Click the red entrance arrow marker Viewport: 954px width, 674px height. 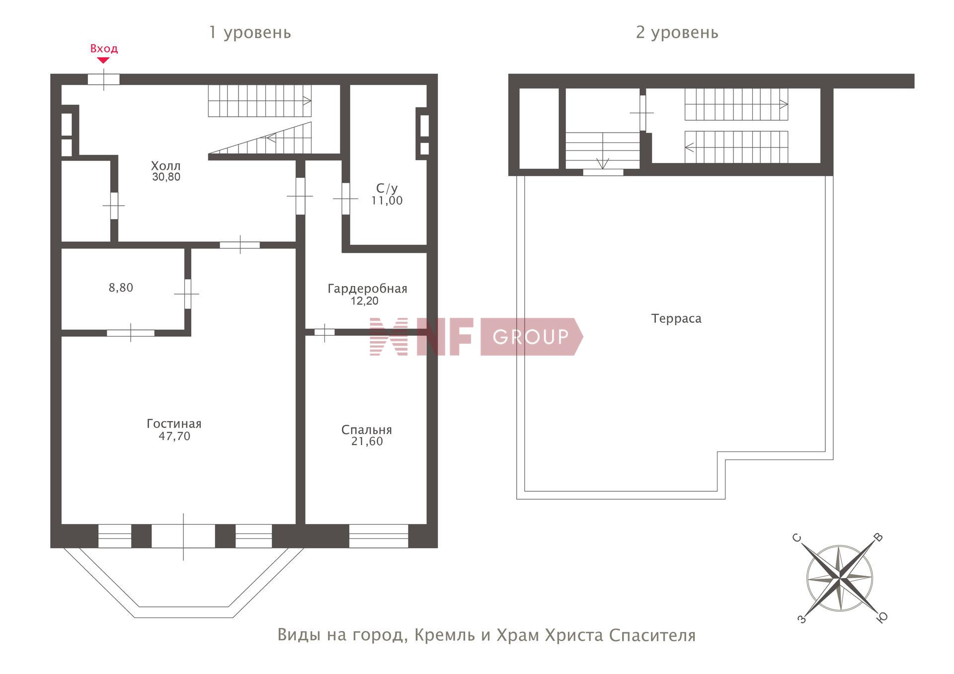click(x=103, y=61)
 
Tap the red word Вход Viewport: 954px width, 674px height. click(x=104, y=49)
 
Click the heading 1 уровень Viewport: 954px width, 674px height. click(x=250, y=33)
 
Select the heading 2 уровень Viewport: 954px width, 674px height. click(x=677, y=33)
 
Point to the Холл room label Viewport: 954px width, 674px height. click(x=166, y=165)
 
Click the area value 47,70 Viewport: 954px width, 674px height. click(x=174, y=436)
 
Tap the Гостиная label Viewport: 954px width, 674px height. click(x=174, y=424)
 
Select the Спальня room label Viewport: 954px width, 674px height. click(x=367, y=430)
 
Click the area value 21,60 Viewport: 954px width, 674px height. click(x=367, y=442)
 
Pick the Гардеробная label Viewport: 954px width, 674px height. click(x=367, y=289)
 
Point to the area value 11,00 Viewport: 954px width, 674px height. click(x=387, y=201)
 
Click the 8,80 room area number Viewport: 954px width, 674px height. click(x=121, y=288)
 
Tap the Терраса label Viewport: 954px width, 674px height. click(x=676, y=318)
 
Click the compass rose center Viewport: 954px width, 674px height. click(x=839, y=578)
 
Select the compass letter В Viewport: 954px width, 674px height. click(x=878, y=537)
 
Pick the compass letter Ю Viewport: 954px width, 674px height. click(x=882, y=617)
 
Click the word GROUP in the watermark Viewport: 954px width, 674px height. click(x=531, y=337)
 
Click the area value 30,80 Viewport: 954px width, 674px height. click(x=166, y=177)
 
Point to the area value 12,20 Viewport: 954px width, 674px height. click(x=365, y=301)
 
